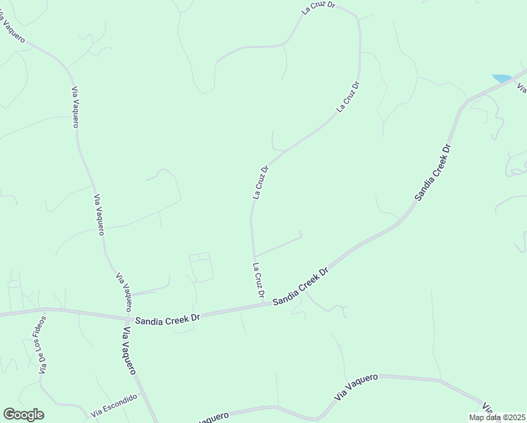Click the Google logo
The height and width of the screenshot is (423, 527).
click(23, 415)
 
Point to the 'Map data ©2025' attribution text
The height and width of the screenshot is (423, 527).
click(497, 417)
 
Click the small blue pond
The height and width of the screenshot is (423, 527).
click(502, 78)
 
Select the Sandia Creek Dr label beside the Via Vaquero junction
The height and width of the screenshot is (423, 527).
click(168, 319)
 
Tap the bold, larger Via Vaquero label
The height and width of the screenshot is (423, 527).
click(132, 350)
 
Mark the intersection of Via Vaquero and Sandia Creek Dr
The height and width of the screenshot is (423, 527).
click(128, 319)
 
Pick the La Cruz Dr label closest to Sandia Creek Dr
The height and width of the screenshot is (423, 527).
click(259, 280)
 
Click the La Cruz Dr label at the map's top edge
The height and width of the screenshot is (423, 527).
click(318, 8)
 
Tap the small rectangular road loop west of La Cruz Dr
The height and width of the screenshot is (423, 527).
click(201, 267)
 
